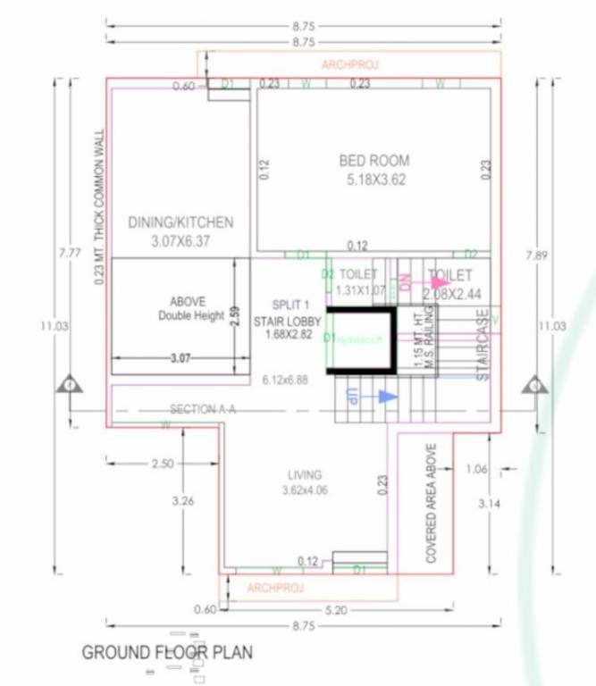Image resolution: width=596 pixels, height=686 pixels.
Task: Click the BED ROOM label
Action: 374,161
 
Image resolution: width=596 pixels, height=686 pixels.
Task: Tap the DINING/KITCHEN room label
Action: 180,222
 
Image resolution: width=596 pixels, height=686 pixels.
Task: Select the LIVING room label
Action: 305,475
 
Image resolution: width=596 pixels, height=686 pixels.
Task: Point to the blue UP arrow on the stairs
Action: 385,396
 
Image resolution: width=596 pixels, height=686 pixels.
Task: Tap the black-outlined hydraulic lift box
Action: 362,339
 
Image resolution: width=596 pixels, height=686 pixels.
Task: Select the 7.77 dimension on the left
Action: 70,254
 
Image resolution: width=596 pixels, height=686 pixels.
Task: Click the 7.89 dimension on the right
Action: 537,255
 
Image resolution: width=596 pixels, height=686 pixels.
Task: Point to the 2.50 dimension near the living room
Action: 163,464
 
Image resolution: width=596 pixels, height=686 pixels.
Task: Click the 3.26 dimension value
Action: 182,501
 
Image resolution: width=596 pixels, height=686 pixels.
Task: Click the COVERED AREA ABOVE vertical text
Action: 432,502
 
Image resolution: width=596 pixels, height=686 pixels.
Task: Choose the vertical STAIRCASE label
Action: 483,346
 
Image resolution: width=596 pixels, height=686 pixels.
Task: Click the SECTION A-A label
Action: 202,409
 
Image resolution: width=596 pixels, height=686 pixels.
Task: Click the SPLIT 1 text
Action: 291,305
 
